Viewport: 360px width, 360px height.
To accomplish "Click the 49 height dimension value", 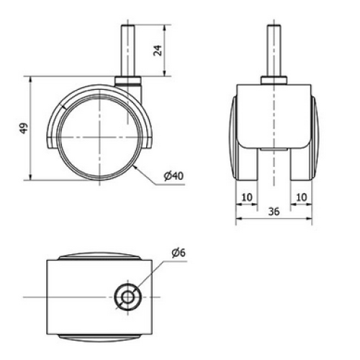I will tap(24, 128).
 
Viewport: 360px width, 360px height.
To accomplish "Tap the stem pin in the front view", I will tap(274, 50).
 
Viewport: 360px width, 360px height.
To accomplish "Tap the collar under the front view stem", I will tap(274, 80).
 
